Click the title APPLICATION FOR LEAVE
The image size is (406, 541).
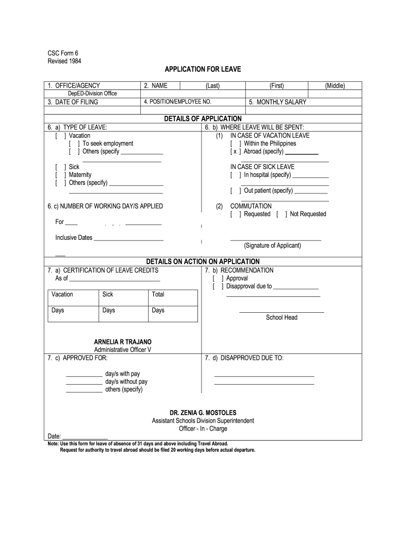click(x=202, y=70)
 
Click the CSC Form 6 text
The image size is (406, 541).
click(x=63, y=53)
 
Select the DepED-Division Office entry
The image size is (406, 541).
click(x=92, y=94)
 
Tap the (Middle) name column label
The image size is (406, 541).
click(x=335, y=86)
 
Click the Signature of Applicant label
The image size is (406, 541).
click(x=272, y=246)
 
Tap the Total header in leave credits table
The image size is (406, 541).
click(x=158, y=295)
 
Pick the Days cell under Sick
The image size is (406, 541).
click(x=109, y=311)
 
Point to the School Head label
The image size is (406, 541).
click(x=282, y=318)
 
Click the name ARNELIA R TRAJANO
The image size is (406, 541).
click(x=122, y=342)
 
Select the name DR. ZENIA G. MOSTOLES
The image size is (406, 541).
click(x=202, y=413)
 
